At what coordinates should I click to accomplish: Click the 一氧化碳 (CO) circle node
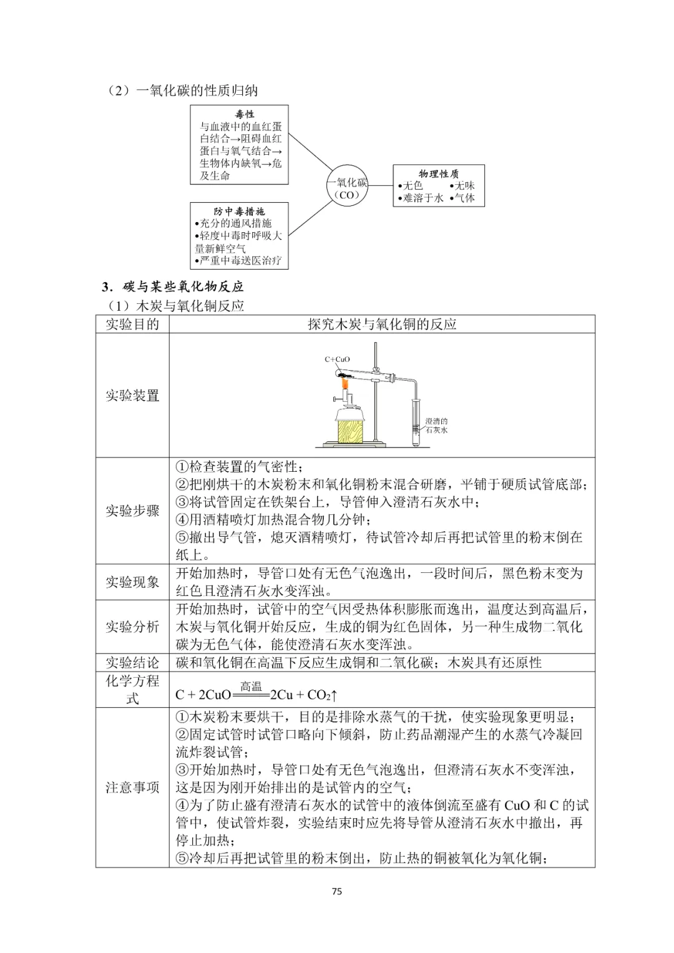pyautogui.click(x=347, y=188)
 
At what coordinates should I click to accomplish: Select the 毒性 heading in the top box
pyautogui.click(x=244, y=114)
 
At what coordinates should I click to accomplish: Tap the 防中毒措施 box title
pyautogui.click(x=239, y=212)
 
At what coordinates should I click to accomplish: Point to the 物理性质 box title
pyautogui.click(x=438, y=174)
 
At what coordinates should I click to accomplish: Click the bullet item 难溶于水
pyautogui.click(x=422, y=198)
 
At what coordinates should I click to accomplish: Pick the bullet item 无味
pyautogui.click(x=464, y=185)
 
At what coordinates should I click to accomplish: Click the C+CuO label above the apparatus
pyautogui.click(x=338, y=359)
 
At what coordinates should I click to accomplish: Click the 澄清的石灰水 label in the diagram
pyautogui.click(x=436, y=425)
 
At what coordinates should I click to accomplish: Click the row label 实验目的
pyautogui.click(x=132, y=324)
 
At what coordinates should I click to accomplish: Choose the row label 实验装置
pyautogui.click(x=132, y=395)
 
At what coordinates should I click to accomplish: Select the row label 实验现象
pyautogui.click(x=132, y=582)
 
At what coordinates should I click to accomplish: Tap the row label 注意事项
pyautogui.click(x=132, y=788)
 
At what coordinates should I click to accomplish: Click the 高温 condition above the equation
pyautogui.click(x=251, y=687)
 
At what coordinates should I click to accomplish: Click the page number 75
pyautogui.click(x=337, y=891)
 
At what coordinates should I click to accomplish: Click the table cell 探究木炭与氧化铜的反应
pyautogui.click(x=382, y=324)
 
